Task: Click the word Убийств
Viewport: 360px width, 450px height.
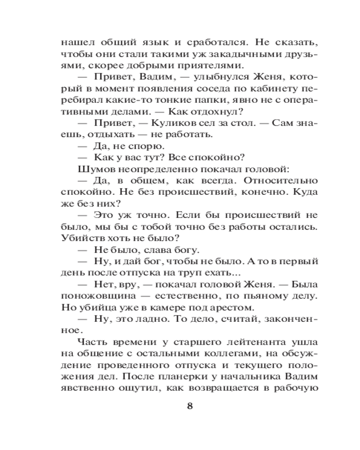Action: point(78,239)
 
